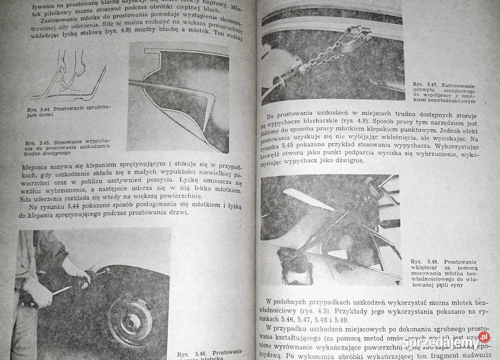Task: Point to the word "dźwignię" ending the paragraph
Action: point(346,163)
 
